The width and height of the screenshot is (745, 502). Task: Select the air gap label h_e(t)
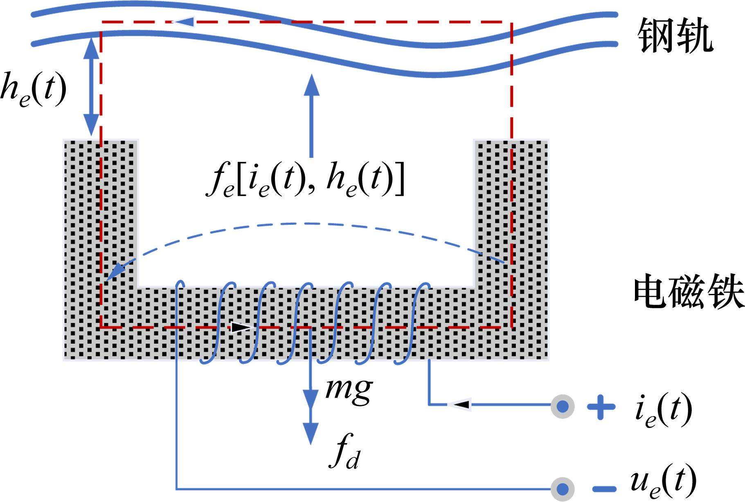(x=34, y=90)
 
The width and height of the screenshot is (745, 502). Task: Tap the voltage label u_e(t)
(x=663, y=482)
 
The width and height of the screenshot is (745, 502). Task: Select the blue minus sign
(x=604, y=489)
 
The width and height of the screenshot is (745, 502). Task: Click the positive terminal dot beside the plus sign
(x=563, y=406)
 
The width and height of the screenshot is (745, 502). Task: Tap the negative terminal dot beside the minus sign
(x=563, y=489)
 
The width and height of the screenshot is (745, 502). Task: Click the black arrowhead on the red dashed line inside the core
(x=240, y=327)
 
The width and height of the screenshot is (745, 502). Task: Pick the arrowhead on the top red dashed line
(x=182, y=21)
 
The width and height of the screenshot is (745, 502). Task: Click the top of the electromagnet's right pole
(x=511, y=141)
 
